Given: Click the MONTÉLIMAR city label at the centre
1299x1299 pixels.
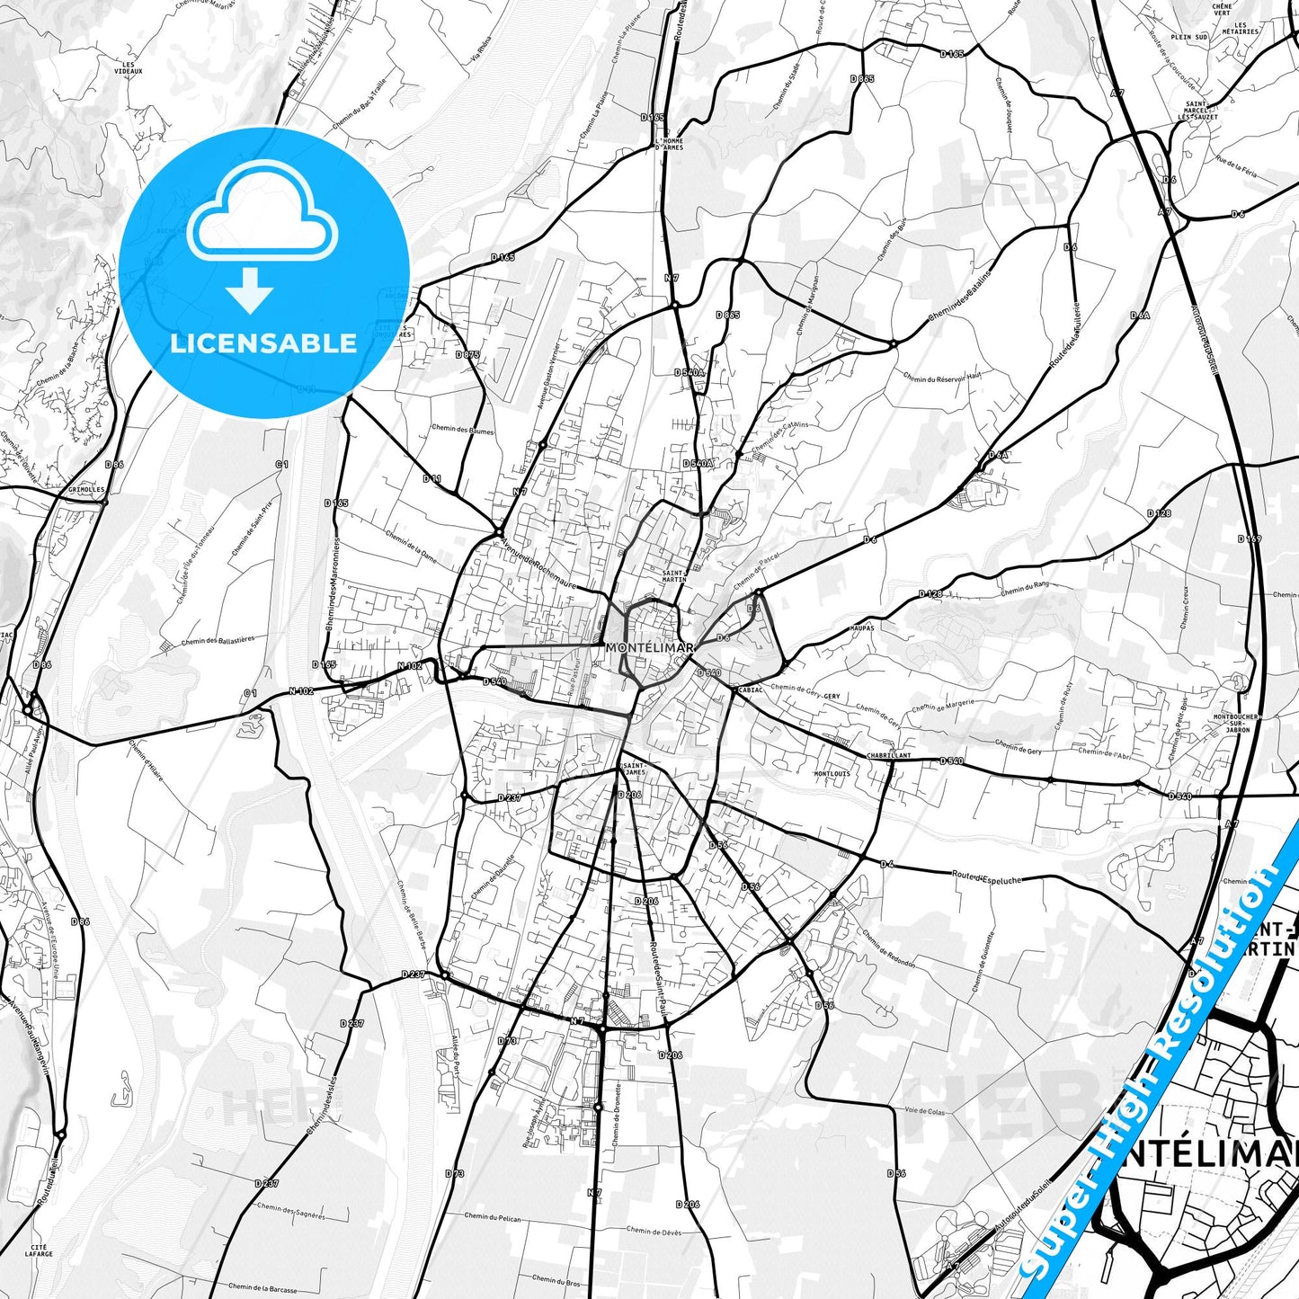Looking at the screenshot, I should (649, 647).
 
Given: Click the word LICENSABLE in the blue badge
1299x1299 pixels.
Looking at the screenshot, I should (263, 343).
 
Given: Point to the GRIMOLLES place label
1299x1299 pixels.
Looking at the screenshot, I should (86, 490).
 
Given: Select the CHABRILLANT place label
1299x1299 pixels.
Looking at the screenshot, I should (888, 756).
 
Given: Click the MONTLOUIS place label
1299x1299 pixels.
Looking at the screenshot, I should (832, 773).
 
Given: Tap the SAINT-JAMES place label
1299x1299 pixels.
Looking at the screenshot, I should (634, 769).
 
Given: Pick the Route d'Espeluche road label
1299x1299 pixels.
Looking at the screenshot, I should (986, 876).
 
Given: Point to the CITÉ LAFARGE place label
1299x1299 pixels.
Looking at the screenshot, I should (39, 1250).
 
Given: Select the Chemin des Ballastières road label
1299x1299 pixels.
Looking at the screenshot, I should (218, 641).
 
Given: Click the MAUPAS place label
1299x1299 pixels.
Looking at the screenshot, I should (860, 627).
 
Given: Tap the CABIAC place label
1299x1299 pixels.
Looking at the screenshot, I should (751, 690).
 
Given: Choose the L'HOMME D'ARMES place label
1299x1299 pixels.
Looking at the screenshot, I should (669, 144).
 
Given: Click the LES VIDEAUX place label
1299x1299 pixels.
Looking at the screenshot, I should (129, 67).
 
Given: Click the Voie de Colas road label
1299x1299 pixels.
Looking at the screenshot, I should (924, 1111).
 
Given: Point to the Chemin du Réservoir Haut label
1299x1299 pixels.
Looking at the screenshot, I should (942, 378).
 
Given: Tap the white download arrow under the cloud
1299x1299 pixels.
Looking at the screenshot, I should (250, 289).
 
